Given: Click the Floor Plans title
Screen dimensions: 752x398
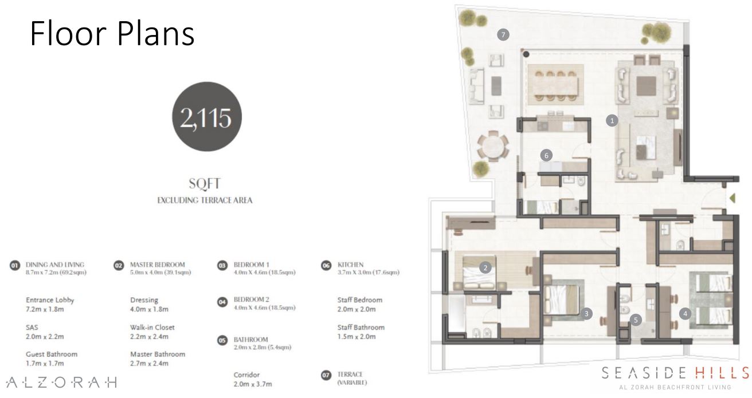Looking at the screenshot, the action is point(112,33).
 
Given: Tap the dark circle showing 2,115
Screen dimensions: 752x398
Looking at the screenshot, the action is point(207,116).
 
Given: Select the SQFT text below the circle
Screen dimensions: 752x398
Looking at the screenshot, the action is point(205,184).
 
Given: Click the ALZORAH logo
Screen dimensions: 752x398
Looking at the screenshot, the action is point(61,382).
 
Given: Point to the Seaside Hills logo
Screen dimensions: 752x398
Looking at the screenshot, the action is point(675,378).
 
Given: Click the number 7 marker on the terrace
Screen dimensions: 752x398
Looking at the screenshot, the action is point(503,34).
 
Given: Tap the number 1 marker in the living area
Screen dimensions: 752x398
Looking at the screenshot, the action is point(612,120).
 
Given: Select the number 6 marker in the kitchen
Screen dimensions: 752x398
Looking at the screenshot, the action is point(546,156).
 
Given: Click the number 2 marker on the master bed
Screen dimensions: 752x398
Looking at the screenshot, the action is point(485,267).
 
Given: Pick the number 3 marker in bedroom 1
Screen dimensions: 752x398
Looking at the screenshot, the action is point(586,313).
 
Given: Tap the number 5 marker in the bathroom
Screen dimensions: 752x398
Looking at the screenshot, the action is point(636,320).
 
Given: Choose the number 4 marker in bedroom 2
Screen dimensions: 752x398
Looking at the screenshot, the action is point(685,314).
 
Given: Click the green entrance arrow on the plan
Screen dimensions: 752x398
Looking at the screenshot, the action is point(733,198).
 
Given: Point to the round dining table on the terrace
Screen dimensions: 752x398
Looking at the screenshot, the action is point(493,147).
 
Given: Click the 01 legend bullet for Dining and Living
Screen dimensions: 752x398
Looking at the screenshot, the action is point(15,266).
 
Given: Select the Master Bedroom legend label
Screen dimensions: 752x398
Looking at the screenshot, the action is point(158,265).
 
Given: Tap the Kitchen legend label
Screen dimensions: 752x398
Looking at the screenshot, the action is point(350,265).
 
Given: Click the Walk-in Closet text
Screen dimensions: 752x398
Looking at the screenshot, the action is point(152,327).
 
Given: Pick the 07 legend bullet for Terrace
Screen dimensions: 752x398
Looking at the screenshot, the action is point(326,375).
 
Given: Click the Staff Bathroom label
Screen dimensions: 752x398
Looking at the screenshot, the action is point(361,327).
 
